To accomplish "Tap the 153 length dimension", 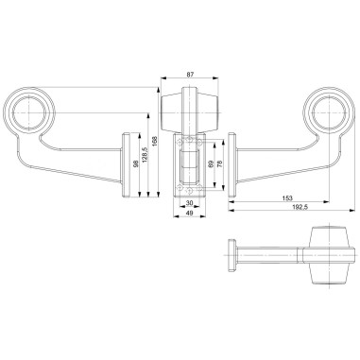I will (285, 198).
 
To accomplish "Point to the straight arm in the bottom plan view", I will (269, 253).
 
